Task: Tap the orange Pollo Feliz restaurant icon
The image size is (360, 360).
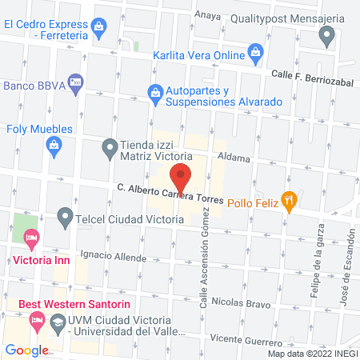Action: pyautogui.click(x=291, y=201)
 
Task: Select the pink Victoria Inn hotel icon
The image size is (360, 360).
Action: pyautogui.click(x=31, y=238)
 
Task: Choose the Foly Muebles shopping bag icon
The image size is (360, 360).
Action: pyautogui.click(x=54, y=145)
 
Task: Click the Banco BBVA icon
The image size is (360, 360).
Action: pyautogui.click(x=75, y=81)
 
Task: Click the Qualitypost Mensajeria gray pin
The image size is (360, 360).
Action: pyautogui.click(x=326, y=35)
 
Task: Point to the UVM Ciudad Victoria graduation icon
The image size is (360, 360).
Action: pyautogui.click(x=58, y=323)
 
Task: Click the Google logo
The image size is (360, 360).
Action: pyautogui.click(x=26, y=350)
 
